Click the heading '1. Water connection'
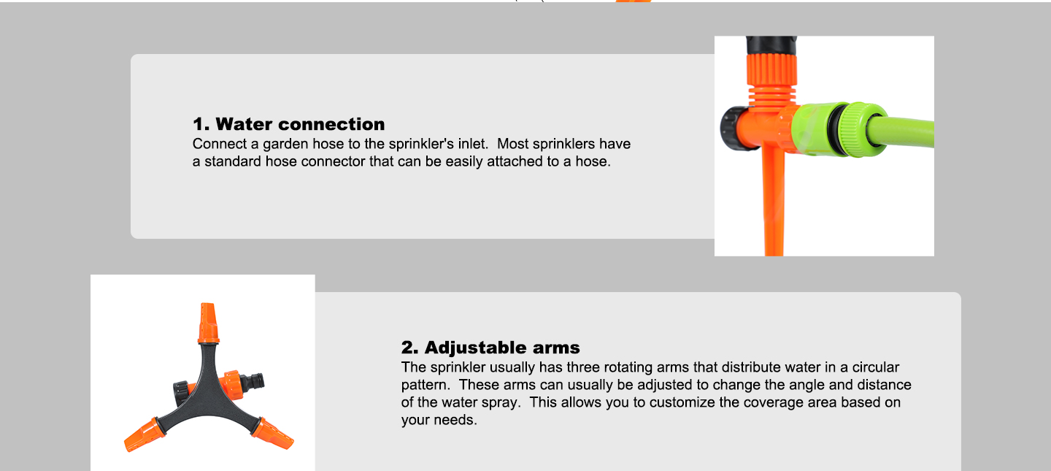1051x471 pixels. coord(288,124)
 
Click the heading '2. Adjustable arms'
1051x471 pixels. coord(490,348)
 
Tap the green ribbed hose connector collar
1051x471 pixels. coord(863,129)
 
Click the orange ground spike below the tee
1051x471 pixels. coord(774,202)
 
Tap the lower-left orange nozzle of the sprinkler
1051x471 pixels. coord(145,435)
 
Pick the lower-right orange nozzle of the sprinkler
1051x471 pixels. coord(273,434)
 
